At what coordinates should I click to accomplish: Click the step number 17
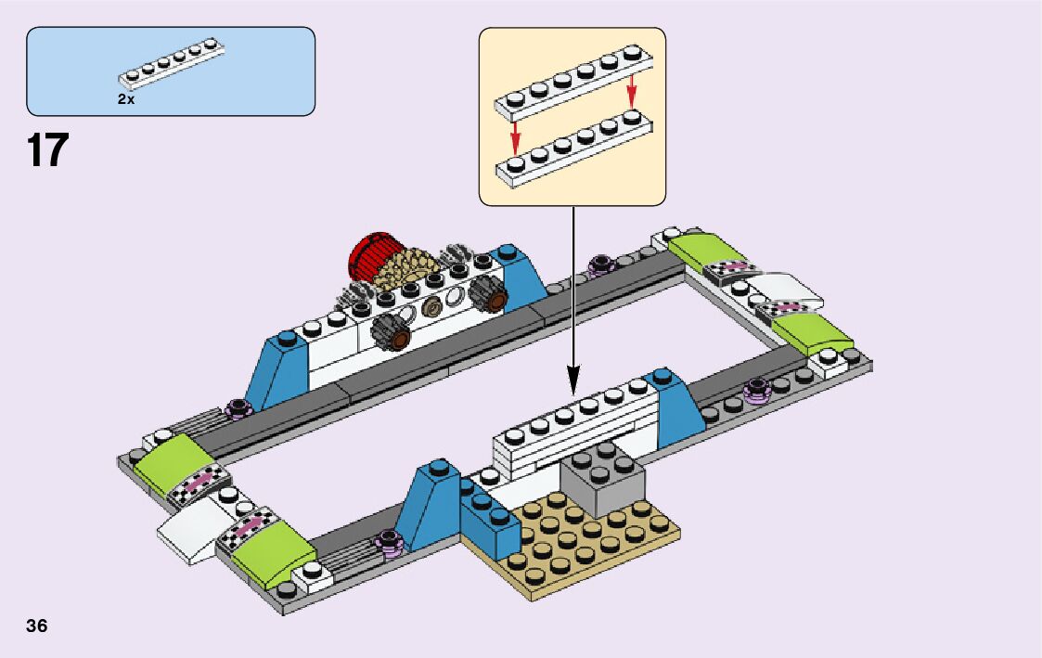[x=48, y=150]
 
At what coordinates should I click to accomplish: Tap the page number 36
[x=37, y=626]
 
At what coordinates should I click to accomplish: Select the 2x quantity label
[x=126, y=99]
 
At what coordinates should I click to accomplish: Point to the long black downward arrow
[x=572, y=297]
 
